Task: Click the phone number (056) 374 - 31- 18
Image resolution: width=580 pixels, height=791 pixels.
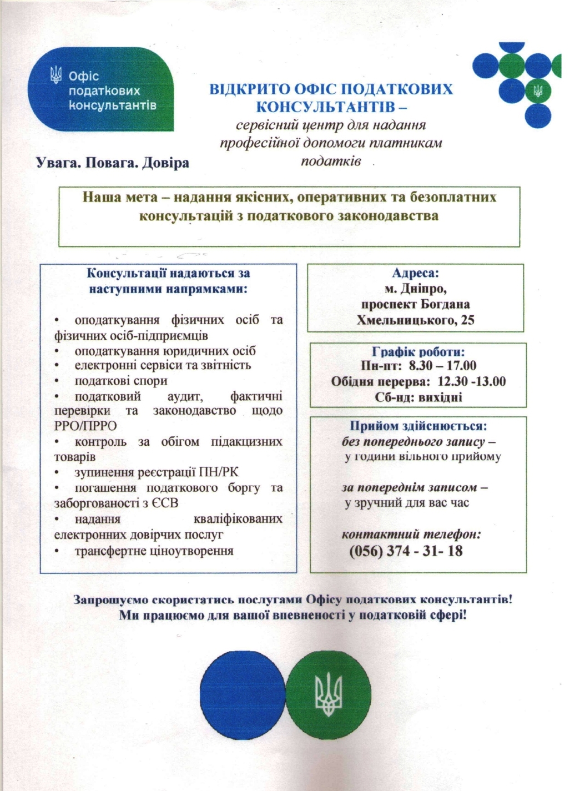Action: click(406, 551)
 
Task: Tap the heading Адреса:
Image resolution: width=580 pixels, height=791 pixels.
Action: click(415, 273)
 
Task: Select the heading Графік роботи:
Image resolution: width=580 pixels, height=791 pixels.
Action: click(418, 352)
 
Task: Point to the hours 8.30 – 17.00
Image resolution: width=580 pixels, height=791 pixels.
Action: click(442, 366)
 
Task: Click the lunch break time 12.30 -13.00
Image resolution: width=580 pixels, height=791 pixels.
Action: click(472, 381)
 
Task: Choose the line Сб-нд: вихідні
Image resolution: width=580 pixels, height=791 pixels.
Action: click(418, 397)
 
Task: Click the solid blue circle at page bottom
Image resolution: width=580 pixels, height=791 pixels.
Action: click(242, 691)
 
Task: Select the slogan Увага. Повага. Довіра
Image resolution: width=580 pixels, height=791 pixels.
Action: click(112, 163)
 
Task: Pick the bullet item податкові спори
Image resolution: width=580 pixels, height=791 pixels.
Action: click(120, 381)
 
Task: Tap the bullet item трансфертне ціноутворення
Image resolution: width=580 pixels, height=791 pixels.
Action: click(154, 551)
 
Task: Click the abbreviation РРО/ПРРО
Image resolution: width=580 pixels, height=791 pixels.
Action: click(85, 426)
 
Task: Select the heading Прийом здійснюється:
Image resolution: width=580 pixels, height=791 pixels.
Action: click(418, 426)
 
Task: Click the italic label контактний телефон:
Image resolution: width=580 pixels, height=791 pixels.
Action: click(411, 535)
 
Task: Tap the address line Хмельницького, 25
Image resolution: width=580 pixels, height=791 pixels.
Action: click(415, 320)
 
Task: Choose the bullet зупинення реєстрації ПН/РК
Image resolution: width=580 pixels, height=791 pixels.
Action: click(157, 473)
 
